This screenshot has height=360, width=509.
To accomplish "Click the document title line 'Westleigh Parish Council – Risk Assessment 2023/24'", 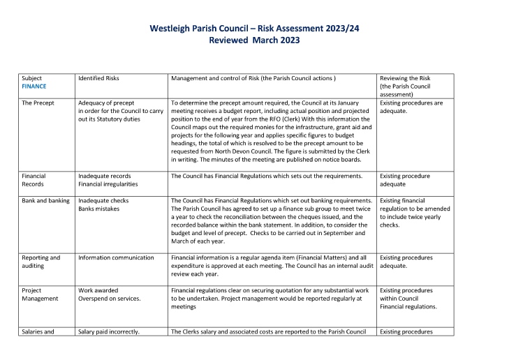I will pyautogui.click(x=254, y=29).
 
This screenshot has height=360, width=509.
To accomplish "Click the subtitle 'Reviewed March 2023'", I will pyautogui.click(x=254, y=40).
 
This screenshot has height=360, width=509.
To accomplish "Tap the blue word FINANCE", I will pyautogui.click(x=35, y=87).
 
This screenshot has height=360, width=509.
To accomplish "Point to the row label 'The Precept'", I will pyautogui.click(x=39, y=103).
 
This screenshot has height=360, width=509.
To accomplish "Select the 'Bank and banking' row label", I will pyautogui.click(x=46, y=200).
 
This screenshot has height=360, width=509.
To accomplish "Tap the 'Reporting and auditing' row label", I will pyautogui.click(x=41, y=261).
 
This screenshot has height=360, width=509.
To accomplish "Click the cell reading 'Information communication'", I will pyautogui.click(x=116, y=257).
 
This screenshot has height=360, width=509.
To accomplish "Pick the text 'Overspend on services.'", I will pyautogui.click(x=110, y=298).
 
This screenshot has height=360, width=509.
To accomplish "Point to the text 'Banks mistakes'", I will pyautogui.click(x=100, y=208).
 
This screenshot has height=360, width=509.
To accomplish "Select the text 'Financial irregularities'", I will pyautogui.click(x=108, y=184).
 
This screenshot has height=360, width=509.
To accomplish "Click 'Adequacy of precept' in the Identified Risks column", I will pyautogui.click(x=108, y=103).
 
